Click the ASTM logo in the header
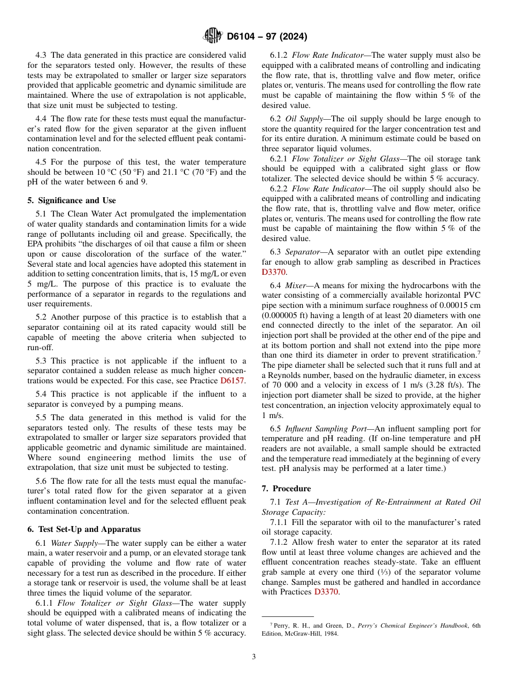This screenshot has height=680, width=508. [212, 36]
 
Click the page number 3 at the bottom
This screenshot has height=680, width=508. [254, 657]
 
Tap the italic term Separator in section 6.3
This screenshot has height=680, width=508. [302, 252]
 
